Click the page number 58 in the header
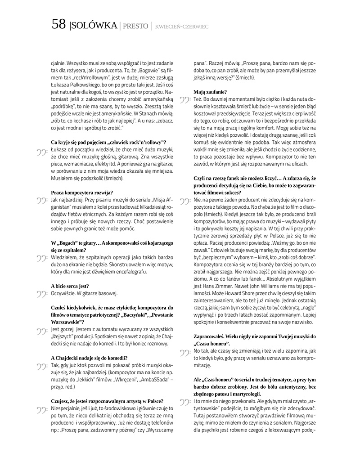(59, 25)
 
